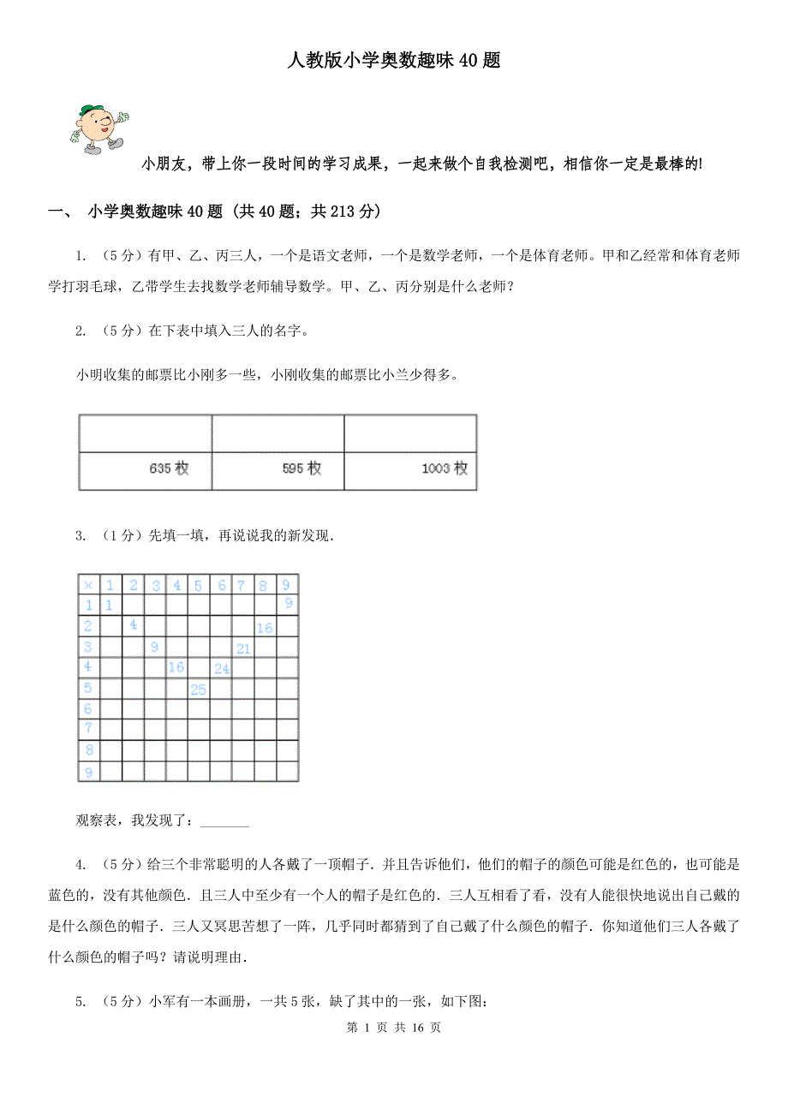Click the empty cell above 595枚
pos(278,434)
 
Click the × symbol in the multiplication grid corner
pos(88,585)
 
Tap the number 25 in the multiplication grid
pos(199,689)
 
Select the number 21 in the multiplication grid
pos(243,648)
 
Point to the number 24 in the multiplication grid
pos(222,669)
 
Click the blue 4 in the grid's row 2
pos(133,626)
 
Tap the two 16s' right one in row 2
pos(265,628)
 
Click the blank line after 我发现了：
pos(224,824)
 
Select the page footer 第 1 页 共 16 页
pos(394,1028)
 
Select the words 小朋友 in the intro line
pos(166,164)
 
